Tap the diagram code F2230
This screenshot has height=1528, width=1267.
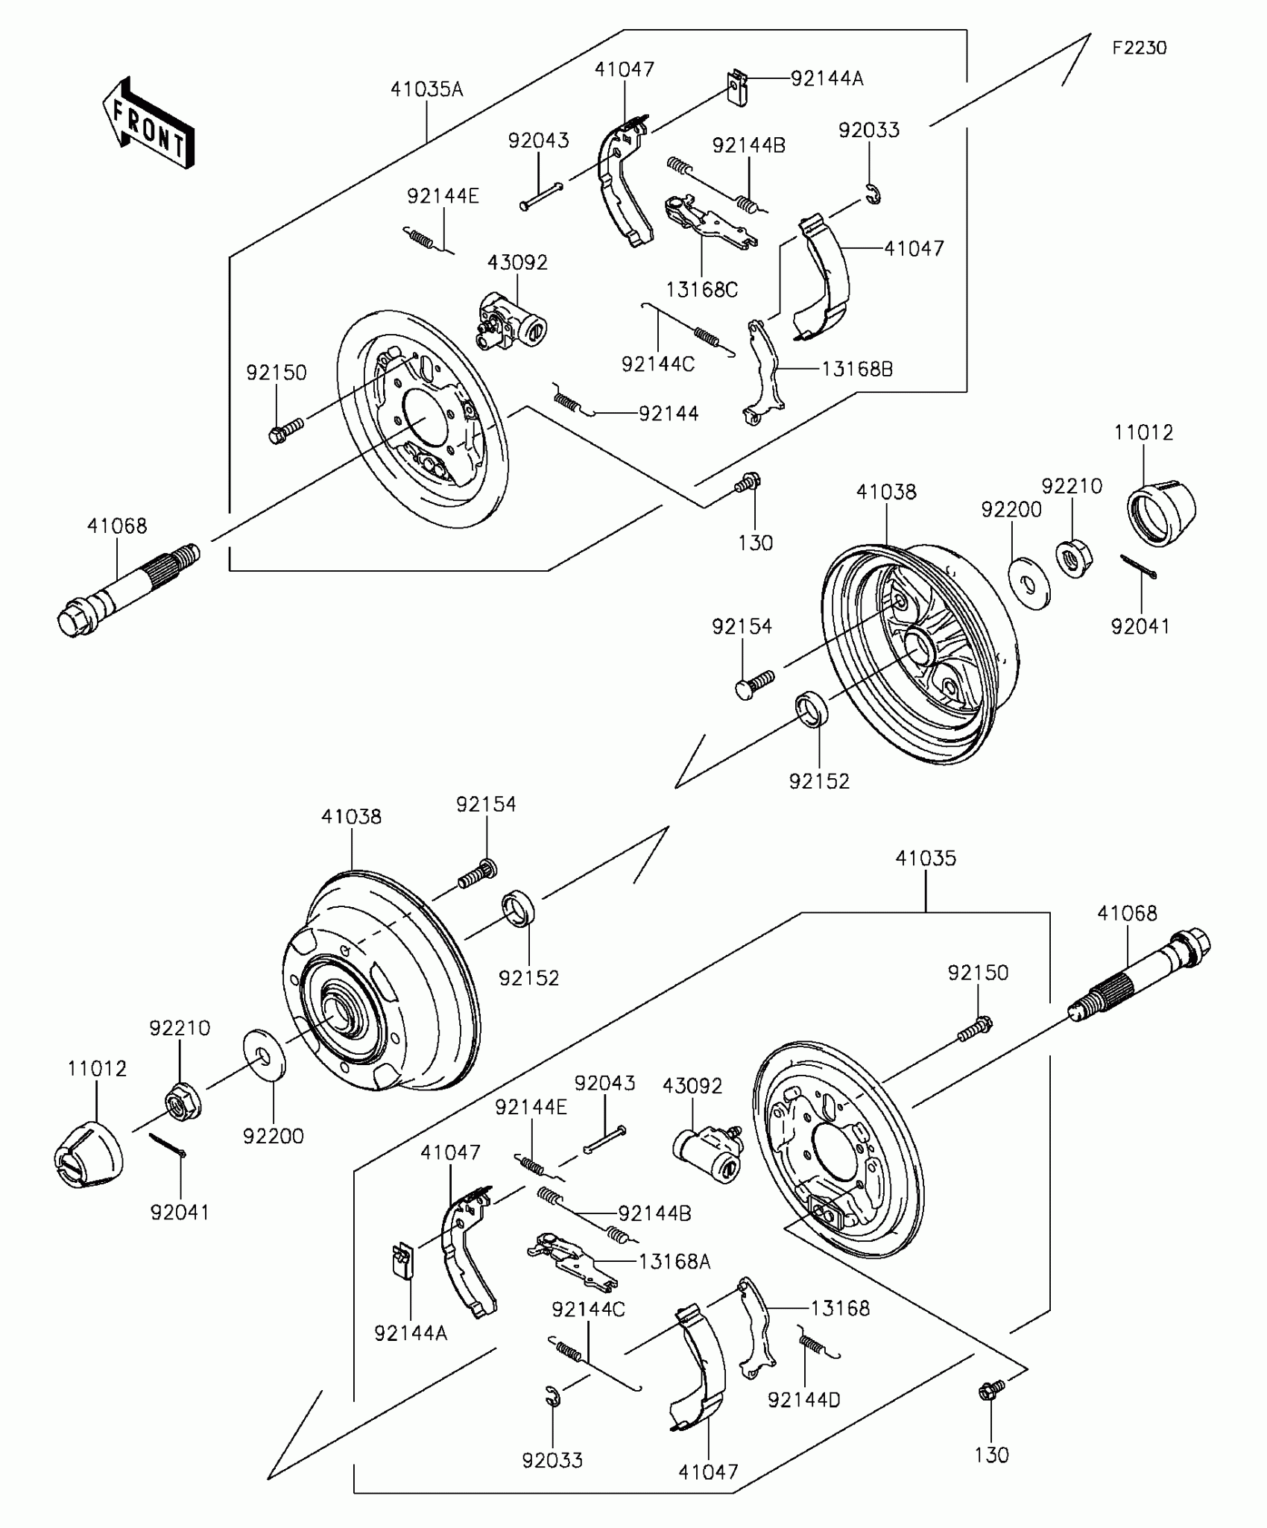pyautogui.click(x=1139, y=48)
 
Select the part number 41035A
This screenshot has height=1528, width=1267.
pyautogui.click(x=426, y=89)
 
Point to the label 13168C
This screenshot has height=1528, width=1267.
pyautogui.click(x=701, y=289)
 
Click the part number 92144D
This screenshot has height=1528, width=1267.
pyautogui.click(x=803, y=1400)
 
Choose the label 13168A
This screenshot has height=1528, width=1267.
pyautogui.click(x=674, y=1261)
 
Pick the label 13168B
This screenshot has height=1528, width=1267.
pyautogui.click(x=857, y=368)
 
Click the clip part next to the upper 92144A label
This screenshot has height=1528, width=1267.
pyautogui.click(x=738, y=88)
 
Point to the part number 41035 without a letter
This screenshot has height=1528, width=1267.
pyautogui.click(x=925, y=858)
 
